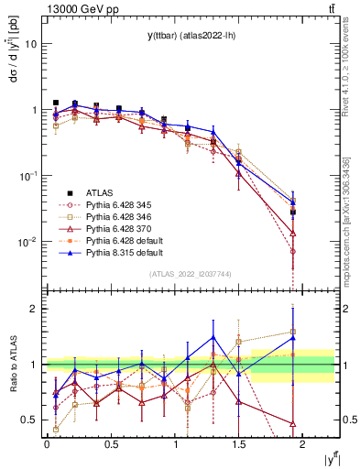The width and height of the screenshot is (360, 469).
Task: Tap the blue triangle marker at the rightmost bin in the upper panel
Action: pyautogui.click(x=292, y=202)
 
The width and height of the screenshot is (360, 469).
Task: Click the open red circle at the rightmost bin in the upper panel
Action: pyautogui.click(x=292, y=251)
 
